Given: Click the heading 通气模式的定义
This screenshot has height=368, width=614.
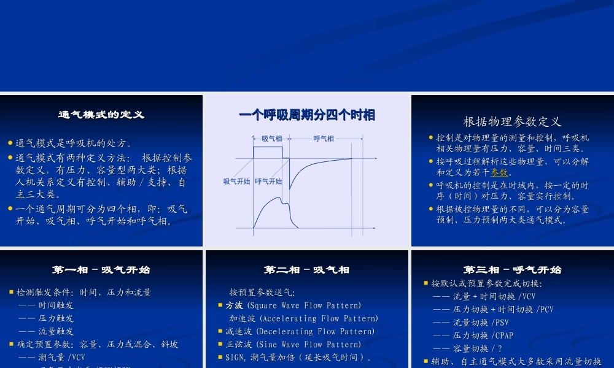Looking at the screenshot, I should click(101, 115).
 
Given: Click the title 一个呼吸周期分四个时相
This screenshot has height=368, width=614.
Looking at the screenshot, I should click(307, 115).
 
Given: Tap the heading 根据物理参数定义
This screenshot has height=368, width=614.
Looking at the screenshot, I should click(512, 121).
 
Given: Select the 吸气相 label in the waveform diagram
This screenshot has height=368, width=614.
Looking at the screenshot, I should click(272, 139).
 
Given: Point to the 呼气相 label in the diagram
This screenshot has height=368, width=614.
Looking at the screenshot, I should click(324, 139).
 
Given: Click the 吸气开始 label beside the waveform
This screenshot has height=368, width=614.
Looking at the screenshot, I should click(236, 182).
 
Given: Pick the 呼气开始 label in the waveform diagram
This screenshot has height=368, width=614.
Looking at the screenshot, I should click(268, 182).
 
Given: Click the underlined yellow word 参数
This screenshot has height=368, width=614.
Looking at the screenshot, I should click(499, 172).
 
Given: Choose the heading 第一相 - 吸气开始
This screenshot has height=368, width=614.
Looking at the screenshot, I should click(101, 270).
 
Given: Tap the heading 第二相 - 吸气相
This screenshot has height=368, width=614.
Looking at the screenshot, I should click(306, 270).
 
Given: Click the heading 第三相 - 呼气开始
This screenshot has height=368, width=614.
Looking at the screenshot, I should click(512, 270).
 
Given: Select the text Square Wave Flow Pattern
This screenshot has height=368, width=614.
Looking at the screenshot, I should click(303, 305).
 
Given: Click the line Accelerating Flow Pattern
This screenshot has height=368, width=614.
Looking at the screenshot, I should click(303, 318).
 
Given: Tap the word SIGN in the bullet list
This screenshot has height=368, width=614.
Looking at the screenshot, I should click(235, 357).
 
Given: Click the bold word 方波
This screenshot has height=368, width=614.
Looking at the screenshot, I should click(234, 305).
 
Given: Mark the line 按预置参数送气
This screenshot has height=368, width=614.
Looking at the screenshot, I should click(262, 293).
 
